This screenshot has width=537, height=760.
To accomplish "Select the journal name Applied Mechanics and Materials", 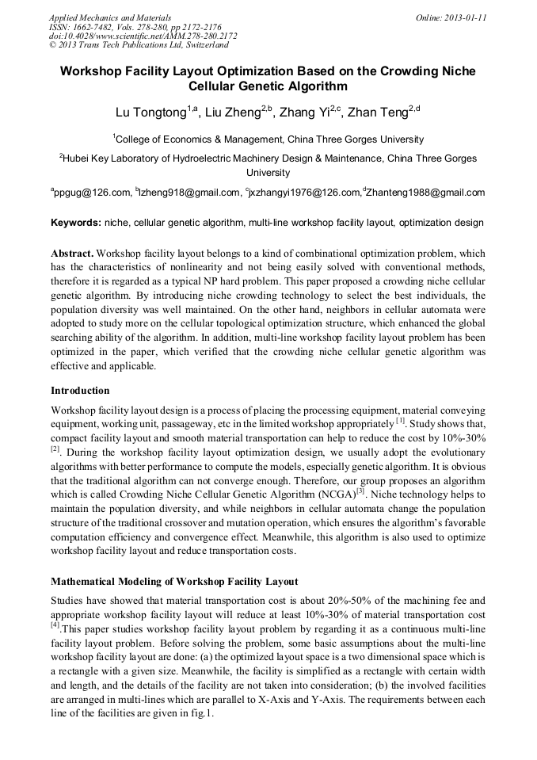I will tap(109, 17).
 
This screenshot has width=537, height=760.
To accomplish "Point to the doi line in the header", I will tap(143, 36).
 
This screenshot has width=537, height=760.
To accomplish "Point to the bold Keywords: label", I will tap(76, 223).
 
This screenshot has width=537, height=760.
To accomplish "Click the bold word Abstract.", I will tap(72, 253).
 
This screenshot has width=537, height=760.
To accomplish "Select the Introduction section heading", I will tap(80, 390).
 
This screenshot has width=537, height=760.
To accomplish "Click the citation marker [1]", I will tap(401, 421).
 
